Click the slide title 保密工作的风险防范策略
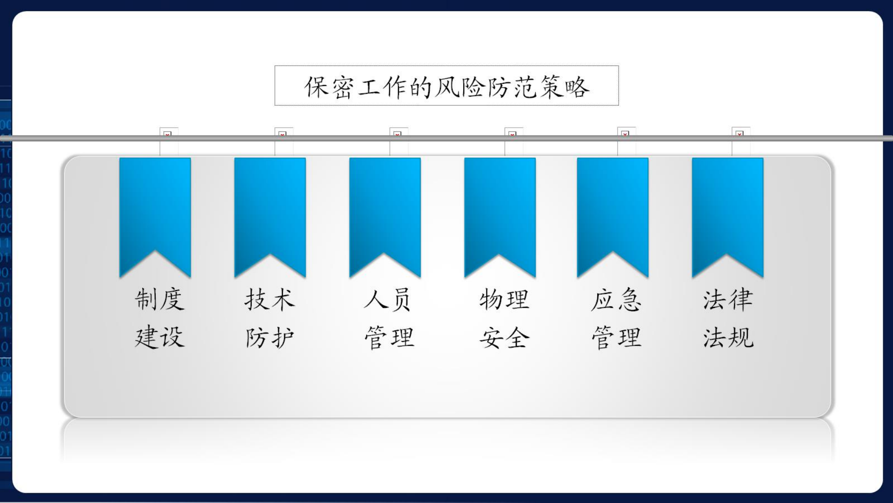(447, 87)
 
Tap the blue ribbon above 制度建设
(155, 210)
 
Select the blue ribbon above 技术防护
(270, 210)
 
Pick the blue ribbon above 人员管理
(385, 210)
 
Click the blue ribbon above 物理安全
(500, 210)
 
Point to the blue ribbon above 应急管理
(613, 210)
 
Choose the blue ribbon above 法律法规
(727, 210)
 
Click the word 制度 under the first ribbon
(160, 299)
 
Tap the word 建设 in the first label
(160, 337)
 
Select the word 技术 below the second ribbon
(270, 299)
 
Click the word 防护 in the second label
(270, 337)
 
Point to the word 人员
(388, 299)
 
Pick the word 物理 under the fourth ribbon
(504, 299)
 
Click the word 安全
(504, 337)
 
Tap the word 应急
(616, 299)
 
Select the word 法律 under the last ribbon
(728, 299)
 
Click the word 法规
(728, 337)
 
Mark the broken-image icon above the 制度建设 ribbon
(167, 134)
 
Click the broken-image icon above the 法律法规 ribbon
(740, 134)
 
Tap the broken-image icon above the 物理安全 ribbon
(512, 134)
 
